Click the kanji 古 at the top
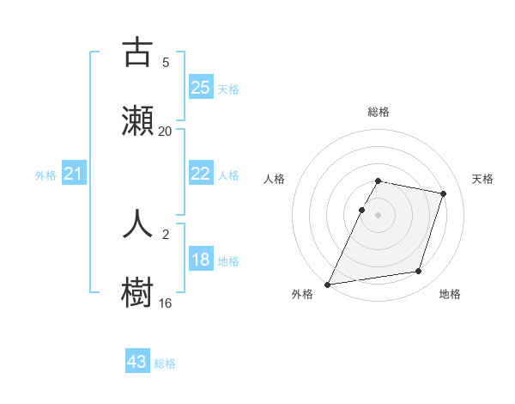pyautogui.click(x=137, y=52)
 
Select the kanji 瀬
pyautogui.click(x=137, y=120)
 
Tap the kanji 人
pyautogui.click(x=137, y=223)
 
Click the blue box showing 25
pyautogui.click(x=201, y=88)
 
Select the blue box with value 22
pyautogui.click(x=201, y=174)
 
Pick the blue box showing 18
pyautogui.click(x=201, y=260)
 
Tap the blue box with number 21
pyautogui.click(x=74, y=174)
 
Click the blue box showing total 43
pyautogui.click(x=137, y=362)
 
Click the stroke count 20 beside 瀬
pyautogui.click(x=165, y=132)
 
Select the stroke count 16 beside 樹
pyautogui.click(x=165, y=303)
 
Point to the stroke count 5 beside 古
pyautogui.click(x=165, y=63)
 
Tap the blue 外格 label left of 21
pyautogui.click(x=45, y=175)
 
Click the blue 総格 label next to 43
pyautogui.click(x=165, y=364)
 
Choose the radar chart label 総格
pyautogui.click(x=379, y=113)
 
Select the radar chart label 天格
pyautogui.click(x=483, y=179)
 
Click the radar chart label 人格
pyautogui.click(x=275, y=179)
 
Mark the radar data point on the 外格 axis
pyautogui.click(x=328, y=284)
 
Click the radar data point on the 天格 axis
pyautogui.click(x=444, y=193)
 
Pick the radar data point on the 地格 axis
pyautogui.click(x=419, y=272)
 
